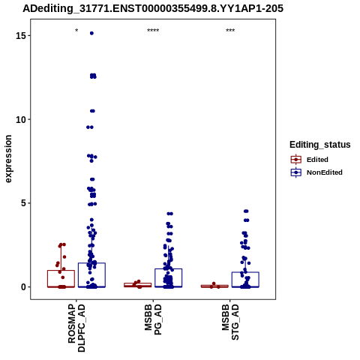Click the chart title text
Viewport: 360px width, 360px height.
(153, 8)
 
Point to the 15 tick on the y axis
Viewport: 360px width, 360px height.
(29, 35)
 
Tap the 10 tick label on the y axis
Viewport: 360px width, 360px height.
(21, 120)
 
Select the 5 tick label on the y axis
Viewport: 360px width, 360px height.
(23, 203)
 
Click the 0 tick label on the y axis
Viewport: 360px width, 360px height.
(23, 287)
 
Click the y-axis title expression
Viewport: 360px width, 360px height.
(8, 159)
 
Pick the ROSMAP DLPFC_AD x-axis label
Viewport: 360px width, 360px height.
(76, 328)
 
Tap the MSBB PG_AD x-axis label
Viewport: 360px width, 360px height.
(153, 319)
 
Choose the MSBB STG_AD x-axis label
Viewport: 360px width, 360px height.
(230, 322)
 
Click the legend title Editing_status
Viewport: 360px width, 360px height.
(320, 145)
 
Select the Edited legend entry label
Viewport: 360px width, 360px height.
(317, 160)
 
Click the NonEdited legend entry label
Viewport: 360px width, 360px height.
(325, 172)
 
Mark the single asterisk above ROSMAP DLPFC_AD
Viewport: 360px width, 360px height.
(76, 31)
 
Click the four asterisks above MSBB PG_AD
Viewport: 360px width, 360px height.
(153, 31)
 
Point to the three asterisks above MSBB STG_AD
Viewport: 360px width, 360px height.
(230, 31)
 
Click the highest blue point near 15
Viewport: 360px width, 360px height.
(91, 33)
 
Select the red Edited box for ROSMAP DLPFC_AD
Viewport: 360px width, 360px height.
(61, 279)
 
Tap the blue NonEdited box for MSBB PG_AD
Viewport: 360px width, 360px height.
(169, 277)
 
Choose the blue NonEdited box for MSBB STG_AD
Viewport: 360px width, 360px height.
(245, 280)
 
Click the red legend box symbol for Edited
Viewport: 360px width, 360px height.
(296, 160)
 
